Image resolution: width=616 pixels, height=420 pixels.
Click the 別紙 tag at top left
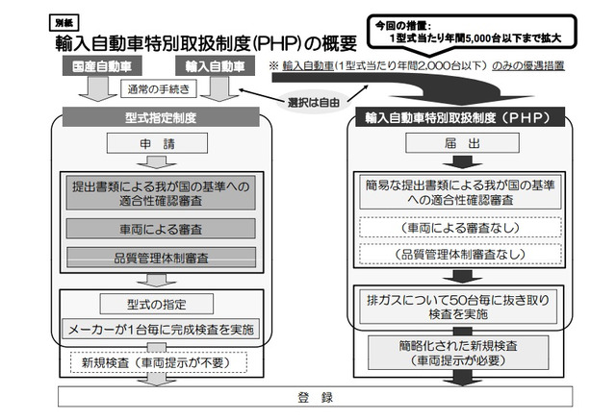[64, 23]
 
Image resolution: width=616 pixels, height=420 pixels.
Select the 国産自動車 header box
[102, 66]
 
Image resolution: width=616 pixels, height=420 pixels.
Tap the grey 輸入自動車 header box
[215, 66]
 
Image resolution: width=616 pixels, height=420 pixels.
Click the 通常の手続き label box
[158, 89]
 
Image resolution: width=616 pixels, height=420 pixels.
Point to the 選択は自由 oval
[314, 103]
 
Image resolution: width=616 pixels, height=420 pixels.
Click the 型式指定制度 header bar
[161, 117]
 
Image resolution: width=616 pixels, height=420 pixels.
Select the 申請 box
[157, 143]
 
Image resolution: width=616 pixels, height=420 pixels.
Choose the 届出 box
[462, 143]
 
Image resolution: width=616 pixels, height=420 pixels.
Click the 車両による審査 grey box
[161, 229]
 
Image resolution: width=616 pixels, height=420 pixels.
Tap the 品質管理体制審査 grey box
[161, 258]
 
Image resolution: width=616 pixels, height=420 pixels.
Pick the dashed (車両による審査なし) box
[460, 228]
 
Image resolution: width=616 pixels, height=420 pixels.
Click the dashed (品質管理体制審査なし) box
[460, 254]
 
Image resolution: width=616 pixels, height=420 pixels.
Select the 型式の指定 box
[157, 304]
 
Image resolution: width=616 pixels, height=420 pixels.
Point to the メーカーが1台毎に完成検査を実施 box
[161, 329]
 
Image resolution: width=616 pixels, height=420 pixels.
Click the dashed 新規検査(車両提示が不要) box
[159, 362]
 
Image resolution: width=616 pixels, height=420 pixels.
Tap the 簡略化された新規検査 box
[458, 353]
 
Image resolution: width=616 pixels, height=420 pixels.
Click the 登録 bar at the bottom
[315, 397]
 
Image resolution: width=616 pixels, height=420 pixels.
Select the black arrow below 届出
[462, 161]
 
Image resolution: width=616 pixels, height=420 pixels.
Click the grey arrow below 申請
[157, 162]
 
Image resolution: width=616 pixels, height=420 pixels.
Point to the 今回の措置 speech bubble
[472, 34]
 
